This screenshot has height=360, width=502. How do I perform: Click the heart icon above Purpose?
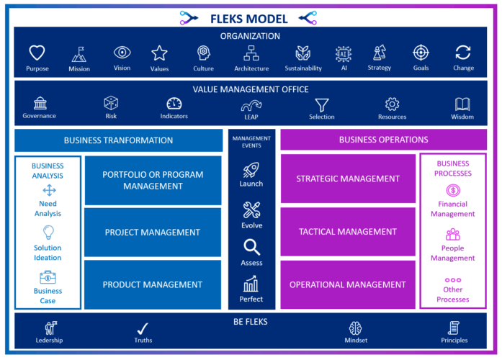click(x=37, y=53)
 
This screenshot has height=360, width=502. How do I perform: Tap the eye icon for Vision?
click(x=122, y=53)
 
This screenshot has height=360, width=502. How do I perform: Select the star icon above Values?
click(x=159, y=53)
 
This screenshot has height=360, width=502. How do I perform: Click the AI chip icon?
click(x=344, y=53)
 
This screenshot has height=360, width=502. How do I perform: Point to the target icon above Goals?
click(x=421, y=53)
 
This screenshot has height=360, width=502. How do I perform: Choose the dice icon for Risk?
click(x=111, y=103)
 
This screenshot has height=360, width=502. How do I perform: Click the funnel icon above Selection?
click(x=321, y=104)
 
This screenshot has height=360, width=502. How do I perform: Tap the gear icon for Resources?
click(x=392, y=104)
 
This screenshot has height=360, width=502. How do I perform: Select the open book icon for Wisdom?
click(x=462, y=104)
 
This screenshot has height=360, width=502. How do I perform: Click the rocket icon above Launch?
click(x=251, y=169)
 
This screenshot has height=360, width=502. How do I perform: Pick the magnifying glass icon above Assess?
click(x=251, y=248)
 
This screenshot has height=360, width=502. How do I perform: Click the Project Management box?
click(x=152, y=232)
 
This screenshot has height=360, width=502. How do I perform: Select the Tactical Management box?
click(x=348, y=232)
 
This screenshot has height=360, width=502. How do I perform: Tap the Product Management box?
click(x=152, y=284)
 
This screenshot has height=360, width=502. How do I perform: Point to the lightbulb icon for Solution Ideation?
click(x=48, y=232)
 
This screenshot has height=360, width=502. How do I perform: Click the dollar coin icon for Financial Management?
click(x=452, y=191)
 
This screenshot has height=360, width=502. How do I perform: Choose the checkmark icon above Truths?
click(x=143, y=328)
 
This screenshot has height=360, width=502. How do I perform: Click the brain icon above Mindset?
click(x=355, y=328)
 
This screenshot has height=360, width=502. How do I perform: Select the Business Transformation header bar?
click(x=119, y=140)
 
